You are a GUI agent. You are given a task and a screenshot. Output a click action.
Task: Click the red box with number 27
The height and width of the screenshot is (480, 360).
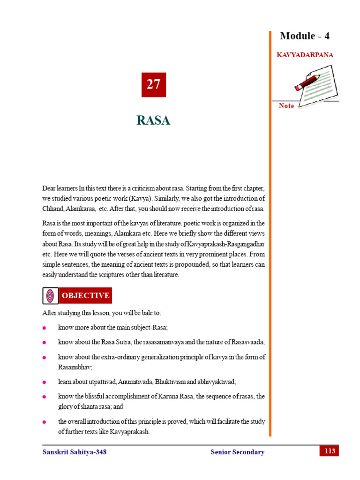(153, 84)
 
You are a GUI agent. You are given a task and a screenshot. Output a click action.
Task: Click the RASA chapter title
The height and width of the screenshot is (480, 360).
(153, 120)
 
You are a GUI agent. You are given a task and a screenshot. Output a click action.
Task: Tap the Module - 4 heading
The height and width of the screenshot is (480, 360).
(305, 36)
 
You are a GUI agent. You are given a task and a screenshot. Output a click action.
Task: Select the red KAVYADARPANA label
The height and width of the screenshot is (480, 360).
(305, 55)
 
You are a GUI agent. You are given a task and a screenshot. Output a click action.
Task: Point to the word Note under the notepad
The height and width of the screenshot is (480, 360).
(286, 106)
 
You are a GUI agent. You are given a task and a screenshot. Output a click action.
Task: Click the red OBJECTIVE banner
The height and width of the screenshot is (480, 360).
(86, 295)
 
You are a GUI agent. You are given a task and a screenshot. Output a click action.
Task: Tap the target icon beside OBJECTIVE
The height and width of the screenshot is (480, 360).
(50, 296)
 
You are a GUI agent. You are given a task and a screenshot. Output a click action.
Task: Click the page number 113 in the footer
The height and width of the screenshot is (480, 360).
(329, 451)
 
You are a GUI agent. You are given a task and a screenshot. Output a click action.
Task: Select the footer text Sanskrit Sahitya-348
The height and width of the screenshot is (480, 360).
(71, 452)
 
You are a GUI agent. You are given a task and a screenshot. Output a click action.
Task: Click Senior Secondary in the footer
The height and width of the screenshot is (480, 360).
(238, 452)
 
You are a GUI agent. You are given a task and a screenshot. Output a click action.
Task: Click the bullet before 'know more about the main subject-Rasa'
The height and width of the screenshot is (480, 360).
(44, 328)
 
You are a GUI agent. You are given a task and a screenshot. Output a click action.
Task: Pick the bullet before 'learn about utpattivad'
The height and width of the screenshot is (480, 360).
(44, 382)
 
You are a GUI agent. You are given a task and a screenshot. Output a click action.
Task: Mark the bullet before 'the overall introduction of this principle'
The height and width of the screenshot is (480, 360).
(44, 422)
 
